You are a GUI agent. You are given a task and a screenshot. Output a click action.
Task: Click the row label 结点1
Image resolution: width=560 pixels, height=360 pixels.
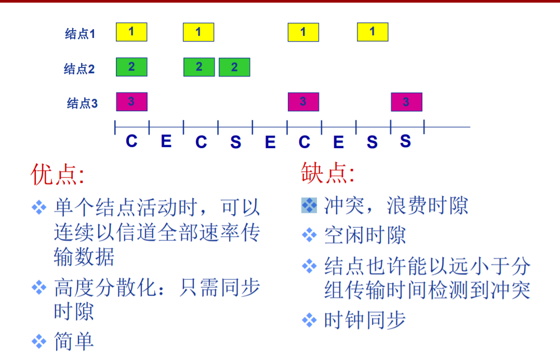[x=80, y=34]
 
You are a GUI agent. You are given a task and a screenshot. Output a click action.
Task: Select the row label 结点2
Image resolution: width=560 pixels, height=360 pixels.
[x=79, y=69]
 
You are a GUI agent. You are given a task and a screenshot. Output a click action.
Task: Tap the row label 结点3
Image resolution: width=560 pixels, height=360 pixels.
[x=82, y=103]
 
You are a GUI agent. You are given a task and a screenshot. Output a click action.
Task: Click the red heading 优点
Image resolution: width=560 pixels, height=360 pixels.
[x=57, y=175]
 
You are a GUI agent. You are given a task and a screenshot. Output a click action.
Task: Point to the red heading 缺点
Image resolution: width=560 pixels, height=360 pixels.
[x=327, y=172]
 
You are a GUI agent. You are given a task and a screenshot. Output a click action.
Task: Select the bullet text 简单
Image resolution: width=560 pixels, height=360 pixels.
[x=74, y=341]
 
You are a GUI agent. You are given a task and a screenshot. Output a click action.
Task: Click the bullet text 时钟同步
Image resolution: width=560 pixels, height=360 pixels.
[x=364, y=320]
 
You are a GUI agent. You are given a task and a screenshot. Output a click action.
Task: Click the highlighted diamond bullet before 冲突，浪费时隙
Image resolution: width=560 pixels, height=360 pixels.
[x=309, y=206]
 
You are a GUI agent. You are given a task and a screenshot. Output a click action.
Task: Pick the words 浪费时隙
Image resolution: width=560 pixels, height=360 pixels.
[x=427, y=206]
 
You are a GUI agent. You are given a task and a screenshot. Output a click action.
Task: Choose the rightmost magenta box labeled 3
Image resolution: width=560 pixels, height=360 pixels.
[x=406, y=102]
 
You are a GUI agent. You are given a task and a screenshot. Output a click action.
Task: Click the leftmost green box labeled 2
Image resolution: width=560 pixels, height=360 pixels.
[x=131, y=67]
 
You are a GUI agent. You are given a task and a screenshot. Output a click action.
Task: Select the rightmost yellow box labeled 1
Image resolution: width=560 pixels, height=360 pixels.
[x=372, y=32]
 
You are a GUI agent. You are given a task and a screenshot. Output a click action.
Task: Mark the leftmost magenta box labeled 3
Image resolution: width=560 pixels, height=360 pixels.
[x=131, y=102]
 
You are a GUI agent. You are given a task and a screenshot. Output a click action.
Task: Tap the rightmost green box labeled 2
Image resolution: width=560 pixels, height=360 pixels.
[x=234, y=67]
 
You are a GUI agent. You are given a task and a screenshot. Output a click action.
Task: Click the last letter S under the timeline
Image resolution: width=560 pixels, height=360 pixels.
[x=406, y=141]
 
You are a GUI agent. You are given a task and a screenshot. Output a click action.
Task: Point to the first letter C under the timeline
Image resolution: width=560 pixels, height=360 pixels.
[x=131, y=141]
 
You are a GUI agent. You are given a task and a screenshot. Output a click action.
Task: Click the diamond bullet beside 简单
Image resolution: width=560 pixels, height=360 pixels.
[x=39, y=341]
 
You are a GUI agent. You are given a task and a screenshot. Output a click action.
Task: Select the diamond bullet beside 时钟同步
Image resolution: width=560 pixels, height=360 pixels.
[x=309, y=320]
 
